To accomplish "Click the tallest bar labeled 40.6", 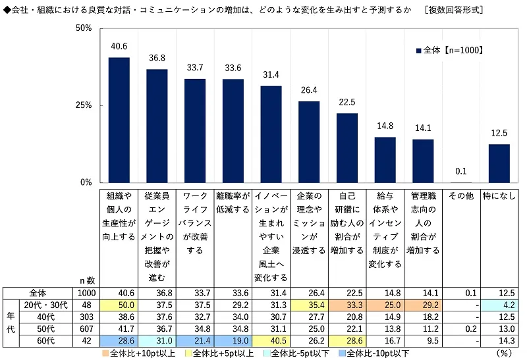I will (119, 120).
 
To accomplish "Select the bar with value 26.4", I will (309, 141).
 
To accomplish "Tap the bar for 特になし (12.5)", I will (499, 163).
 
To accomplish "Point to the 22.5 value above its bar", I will (347, 101).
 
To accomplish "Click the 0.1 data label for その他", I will (461, 171).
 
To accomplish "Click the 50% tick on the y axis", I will (83, 29).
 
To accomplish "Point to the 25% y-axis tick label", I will (83, 106).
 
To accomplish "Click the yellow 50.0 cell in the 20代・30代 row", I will (119, 306).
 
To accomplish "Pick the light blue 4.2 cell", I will (499, 306).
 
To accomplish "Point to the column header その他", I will (461, 196).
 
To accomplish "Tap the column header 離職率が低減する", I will (233, 202).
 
